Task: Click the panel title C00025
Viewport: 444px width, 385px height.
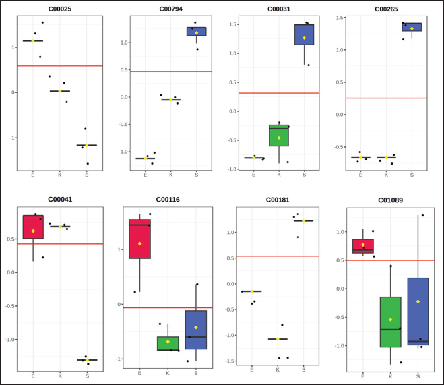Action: (x=60, y=9)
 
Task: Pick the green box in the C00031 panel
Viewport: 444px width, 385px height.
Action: (x=278, y=136)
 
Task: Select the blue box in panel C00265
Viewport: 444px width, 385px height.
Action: (x=412, y=27)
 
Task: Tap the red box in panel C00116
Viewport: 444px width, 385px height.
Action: (x=139, y=239)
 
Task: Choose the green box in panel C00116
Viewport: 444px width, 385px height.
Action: (x=168, y=343)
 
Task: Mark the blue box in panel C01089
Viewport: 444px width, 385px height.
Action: (x=418, y=311)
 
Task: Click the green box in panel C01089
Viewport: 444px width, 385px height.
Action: (x=390, y=322)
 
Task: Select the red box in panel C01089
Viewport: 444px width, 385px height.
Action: (x=362, y=246)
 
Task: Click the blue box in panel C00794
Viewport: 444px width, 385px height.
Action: (x=197, y=31)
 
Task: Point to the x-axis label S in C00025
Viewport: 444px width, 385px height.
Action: (x=86, y=175)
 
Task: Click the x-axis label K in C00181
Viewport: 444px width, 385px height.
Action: (x=278, y=369)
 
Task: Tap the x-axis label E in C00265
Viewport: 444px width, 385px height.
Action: (x=360, y=175)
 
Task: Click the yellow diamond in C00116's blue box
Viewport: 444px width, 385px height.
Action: (x=195, y=327)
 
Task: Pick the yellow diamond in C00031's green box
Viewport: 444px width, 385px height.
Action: (x=279, y=138)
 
